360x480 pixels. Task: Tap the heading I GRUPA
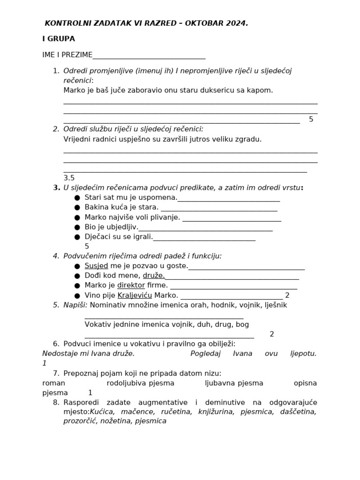coord(59,39)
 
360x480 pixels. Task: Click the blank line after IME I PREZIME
coord(149,56)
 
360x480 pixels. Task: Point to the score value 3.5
coord(69,178)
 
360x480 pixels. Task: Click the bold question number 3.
coord(57,187)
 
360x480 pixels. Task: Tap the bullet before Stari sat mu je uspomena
coord(77,198)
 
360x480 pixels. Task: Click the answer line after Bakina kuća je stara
coord(219,208)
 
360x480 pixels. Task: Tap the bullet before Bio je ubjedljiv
coord(77,227)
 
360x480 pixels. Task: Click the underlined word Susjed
coord(96,266)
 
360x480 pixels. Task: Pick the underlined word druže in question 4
coord(154,276)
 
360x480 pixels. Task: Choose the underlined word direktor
coord(131,285)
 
